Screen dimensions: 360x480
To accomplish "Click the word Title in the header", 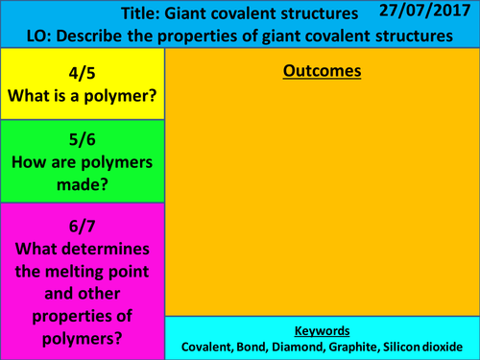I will point(143,15).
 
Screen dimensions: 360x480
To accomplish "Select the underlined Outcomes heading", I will point(322,71).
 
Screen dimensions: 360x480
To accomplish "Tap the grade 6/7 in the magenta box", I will point(83,227).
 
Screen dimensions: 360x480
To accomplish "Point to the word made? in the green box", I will point(83,184).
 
